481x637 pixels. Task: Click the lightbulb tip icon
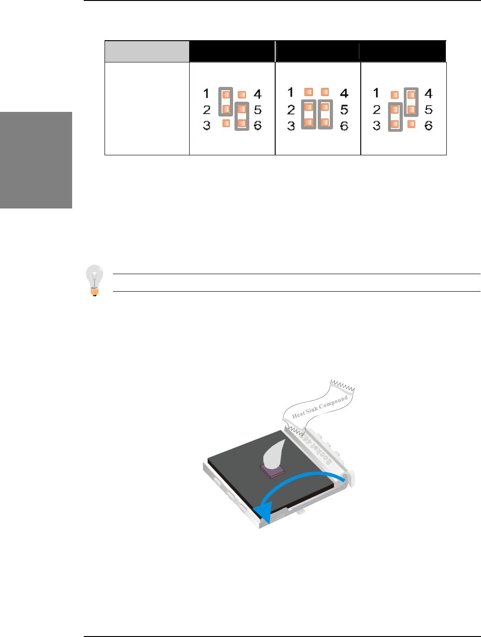tap(94, 280)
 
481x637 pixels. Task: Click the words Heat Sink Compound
tap(320, 407)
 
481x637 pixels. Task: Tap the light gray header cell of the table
tap(147, 51)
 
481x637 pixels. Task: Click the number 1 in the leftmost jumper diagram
tap(206, 94)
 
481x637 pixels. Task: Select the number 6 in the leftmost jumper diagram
tap(258, 125)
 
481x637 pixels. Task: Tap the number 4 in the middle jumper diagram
tap(344, 93)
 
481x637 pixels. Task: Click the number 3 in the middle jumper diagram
tap(291, 126)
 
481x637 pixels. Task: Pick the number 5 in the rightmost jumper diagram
tap(429, 110)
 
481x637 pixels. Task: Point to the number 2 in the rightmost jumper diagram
tap(377, 110)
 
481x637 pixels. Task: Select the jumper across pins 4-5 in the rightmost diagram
tap(411, 102)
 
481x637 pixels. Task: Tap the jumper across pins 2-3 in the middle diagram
tap(308, 115)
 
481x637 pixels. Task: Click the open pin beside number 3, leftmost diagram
tap(226, 123)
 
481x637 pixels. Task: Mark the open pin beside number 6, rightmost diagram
tap(411, 124)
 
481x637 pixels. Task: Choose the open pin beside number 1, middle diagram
tap(308, 92)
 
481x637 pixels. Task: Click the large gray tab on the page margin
tap(36, 160)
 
